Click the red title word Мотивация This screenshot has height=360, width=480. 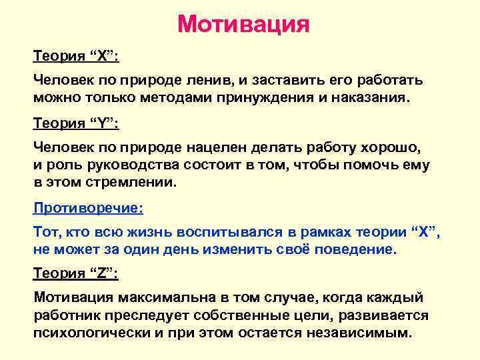[x=243, y=25]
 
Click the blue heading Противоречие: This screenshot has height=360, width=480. [x=88, y=207]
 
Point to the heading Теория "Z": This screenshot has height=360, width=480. [x=76, y=273]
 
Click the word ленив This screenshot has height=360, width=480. [x=206, y=81]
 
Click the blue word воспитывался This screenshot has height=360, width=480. [x=215, y=231]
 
